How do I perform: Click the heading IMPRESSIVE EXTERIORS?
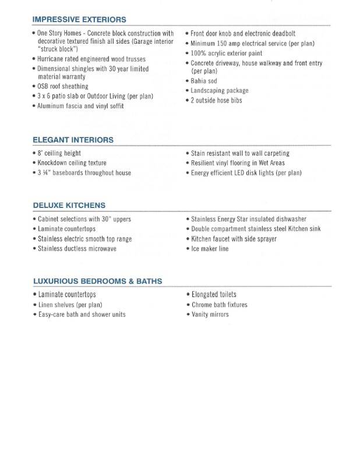pos(79,20)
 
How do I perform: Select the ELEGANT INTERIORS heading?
pos(73,140)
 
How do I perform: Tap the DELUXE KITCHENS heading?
pos(69,206)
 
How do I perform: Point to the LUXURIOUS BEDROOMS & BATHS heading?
pos(97,281)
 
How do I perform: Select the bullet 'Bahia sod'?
pos(204,81)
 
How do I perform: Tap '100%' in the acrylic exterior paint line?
pos(199,53)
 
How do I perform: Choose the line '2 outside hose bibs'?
pos(216,100)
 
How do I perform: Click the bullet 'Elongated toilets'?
pos(214,295)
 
